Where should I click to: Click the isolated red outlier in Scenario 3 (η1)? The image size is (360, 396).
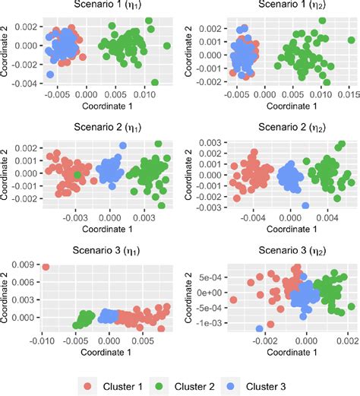click(46, 267)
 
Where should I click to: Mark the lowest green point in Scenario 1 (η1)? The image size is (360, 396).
click(155, 82)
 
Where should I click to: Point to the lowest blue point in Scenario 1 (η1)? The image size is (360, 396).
click(50, 74)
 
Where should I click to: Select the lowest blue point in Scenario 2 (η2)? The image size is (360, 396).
click(305, 205)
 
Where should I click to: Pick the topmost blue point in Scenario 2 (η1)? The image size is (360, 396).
click(124, 145)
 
